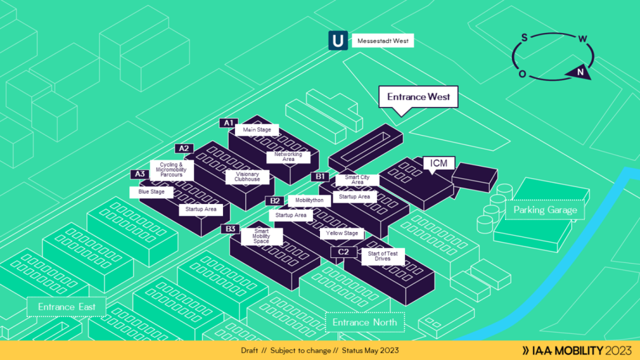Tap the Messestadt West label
(x=383, y=42)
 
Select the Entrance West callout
(x=418, y=97)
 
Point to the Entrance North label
(x=365, y=322)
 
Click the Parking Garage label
(x=545, y=210)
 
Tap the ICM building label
(x=439, y=164)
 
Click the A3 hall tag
(x=140, y=174)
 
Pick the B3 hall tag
(x=231, y=229)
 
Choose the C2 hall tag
(x=344, y=252)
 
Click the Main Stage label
(x=257, y=130)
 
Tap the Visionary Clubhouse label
(x=247, y=177)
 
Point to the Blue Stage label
(x=152, y=192)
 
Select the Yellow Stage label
(x=342, y=234)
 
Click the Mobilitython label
(x=309, y=201)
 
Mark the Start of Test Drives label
(x=383, y=256)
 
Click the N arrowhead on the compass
(x=579, y=73)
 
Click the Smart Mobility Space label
(x=262, y=236)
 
